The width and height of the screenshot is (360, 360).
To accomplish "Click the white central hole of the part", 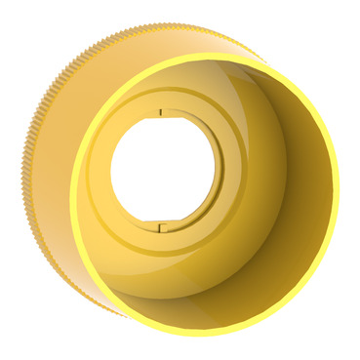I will [158, 172].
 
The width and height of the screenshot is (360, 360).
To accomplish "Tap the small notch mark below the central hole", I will [159, 228].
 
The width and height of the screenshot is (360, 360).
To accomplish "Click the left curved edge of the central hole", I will [110, 172].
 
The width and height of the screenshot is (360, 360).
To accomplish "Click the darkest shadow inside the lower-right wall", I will [283, 283].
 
